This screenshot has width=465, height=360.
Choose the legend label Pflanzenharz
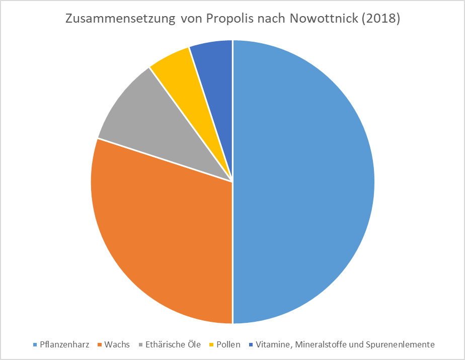coord(64,345)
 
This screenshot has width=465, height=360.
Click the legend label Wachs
coord(117,345)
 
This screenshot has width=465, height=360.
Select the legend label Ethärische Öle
coord(173,345)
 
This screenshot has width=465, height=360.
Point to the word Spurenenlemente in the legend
coord(401,345)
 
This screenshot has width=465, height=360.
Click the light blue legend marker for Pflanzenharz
coord(35,345)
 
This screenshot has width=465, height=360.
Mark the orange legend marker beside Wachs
coord(100,345)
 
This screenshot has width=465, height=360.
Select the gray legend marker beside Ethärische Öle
coord(140,345)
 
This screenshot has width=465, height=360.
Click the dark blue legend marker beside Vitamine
coord(251,345)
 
